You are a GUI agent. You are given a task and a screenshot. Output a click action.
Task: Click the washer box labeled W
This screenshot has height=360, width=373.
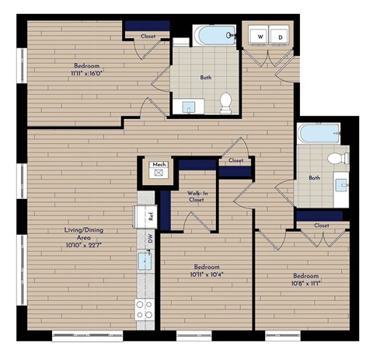260,37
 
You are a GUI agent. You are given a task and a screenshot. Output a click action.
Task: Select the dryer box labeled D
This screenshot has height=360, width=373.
280,37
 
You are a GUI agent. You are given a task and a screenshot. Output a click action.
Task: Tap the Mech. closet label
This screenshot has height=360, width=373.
159,165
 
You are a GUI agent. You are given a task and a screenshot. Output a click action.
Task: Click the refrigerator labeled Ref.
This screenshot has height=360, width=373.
152,216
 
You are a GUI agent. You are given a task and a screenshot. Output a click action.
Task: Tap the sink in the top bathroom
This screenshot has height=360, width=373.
189,107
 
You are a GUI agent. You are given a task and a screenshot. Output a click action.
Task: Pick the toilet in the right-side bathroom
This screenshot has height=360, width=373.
336,159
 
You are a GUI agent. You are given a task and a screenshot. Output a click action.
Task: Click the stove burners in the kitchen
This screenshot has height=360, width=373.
144,310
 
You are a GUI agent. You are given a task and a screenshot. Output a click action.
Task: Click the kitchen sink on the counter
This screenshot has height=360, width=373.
145,260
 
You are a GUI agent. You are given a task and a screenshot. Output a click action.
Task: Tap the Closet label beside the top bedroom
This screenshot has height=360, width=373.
148,37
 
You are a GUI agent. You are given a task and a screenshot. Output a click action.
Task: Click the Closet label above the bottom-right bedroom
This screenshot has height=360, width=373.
321,225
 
